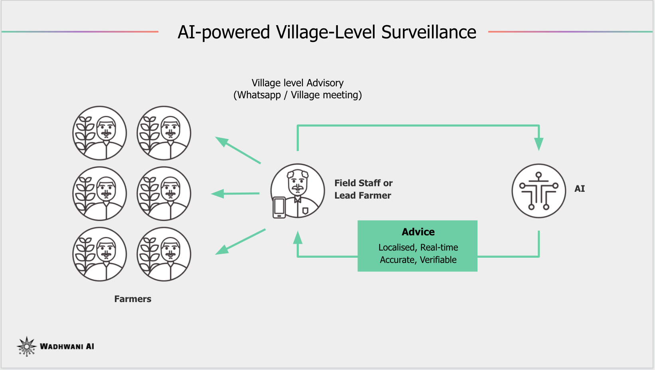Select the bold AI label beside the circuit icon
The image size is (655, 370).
[x=580, y=189]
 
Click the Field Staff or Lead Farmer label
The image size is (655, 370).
[x=363, y=189]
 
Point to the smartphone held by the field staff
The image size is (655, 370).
[x=279, y=207]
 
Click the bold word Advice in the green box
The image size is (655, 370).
[x=418, y=232]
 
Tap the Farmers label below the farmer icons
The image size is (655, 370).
[x=133, y=299]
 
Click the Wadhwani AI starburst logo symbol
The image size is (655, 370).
[x=27, y=346]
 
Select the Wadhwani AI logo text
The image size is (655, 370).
[x=67, y=346]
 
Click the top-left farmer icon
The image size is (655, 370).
[x=99, y=133]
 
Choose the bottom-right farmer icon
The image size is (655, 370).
[x=164, y=254]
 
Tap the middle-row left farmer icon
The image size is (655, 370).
[x=99, y=194]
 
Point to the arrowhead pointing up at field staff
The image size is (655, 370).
[x=298, y=238]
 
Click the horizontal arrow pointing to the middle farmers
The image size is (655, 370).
[x=235, y=194]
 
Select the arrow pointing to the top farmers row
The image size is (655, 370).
[x=238, y=150]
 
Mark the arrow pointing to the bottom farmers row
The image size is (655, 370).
[x=240, y=242]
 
